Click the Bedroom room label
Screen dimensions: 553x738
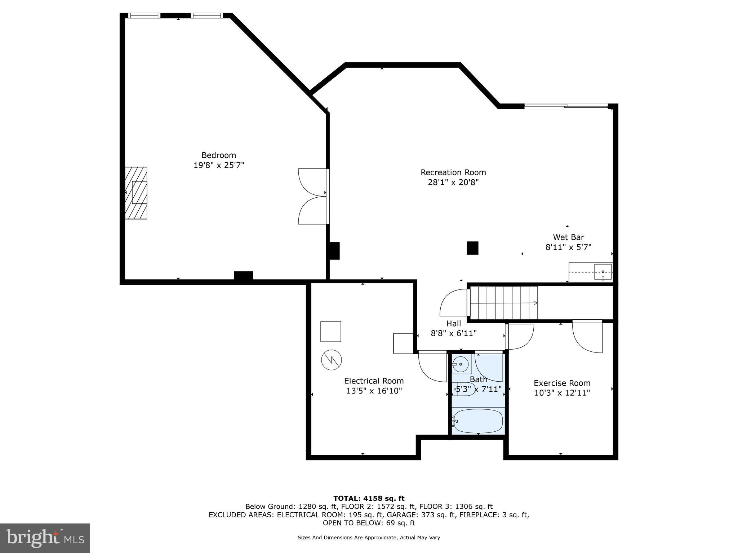click(x=218, y=155)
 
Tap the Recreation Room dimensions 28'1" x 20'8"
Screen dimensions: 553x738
click(x=453, y=183)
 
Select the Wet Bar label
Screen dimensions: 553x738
click(x=568, y=237)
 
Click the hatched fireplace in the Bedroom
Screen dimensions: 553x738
click(x=136, y=193)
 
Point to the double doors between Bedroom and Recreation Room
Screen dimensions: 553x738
click(x=313, y=197)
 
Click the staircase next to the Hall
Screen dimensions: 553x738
click(x=503, y=303)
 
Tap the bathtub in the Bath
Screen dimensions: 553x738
click(x=478, y=421)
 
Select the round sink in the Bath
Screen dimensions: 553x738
click(x=461, y=364)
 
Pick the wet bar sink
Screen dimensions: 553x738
click(x=603, y=272)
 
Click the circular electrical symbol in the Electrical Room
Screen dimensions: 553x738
click(x=331, y=360)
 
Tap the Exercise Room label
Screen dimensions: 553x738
click(x=562, y=383)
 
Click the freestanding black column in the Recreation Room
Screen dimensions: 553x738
click(x=472, y=248)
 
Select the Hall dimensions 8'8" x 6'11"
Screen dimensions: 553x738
click(x=454, y=334)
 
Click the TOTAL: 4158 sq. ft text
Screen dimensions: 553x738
click(x=369, y=498)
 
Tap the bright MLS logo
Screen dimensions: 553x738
click(x=45, y=538)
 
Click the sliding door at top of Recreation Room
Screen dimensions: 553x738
click(x=566, y=106)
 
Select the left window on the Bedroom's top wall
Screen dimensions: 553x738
click(x=144, y=15)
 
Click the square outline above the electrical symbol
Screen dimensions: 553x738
click(x=330, y=332)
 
